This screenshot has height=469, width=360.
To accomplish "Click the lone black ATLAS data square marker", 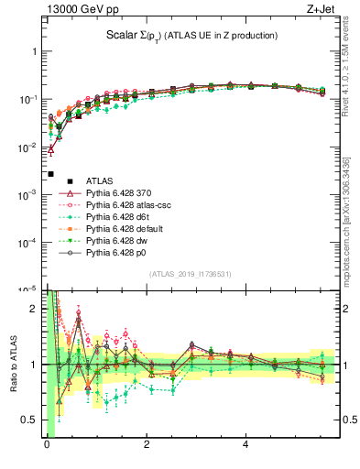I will (50, 173).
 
